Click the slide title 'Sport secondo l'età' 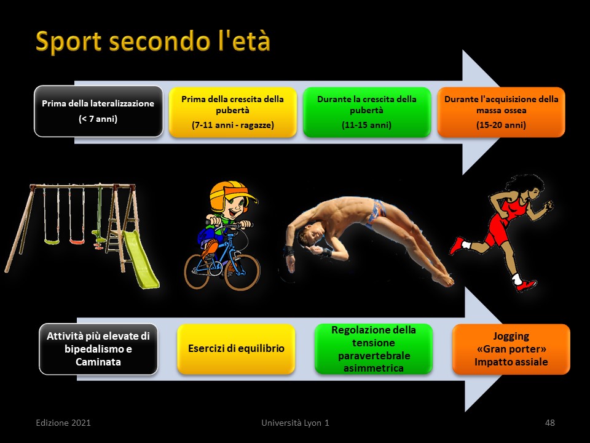(153, 41)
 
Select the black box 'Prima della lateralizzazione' (98, 111)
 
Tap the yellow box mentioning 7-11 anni (232, 112)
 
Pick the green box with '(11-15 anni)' (367, 112)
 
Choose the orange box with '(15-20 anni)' (502, 112)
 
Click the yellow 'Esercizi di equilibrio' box (236, 349)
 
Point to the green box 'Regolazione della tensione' (374, 349)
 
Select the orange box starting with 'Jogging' (511, 349)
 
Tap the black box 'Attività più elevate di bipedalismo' (98, 349)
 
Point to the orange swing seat (77, 241)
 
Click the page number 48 (549, 423)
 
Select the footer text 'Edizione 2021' (63, 423)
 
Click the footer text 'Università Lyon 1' (295, 423)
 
